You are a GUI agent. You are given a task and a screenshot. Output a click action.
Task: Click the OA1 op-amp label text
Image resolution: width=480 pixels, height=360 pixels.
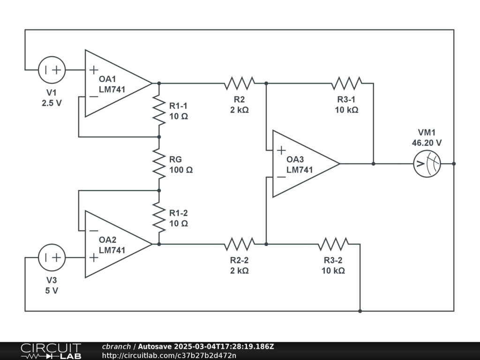tap(107, 79)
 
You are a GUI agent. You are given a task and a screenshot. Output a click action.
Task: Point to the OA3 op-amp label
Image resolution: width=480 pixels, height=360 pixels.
tap(295, 159)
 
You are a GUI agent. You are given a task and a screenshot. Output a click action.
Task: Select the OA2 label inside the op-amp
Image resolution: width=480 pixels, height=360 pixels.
tap(107, 240)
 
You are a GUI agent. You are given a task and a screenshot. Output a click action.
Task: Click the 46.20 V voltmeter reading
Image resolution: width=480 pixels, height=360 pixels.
tap(427, 143)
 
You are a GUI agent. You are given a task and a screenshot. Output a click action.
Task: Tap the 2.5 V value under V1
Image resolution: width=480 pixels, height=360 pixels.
tap(52, 103)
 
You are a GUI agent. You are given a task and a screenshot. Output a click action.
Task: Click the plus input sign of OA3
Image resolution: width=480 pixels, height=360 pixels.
tap(281, 150)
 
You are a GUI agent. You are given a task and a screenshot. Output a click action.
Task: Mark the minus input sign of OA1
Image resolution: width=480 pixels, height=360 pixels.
tap(94, 97)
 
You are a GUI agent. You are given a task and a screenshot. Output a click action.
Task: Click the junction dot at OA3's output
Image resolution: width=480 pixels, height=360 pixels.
tap(374, 164)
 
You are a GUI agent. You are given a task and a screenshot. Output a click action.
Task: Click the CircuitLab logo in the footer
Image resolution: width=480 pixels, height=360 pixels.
tap(51, 351)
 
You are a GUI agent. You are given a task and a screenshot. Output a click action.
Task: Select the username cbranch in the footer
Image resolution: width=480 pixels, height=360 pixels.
tap(116, 346)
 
